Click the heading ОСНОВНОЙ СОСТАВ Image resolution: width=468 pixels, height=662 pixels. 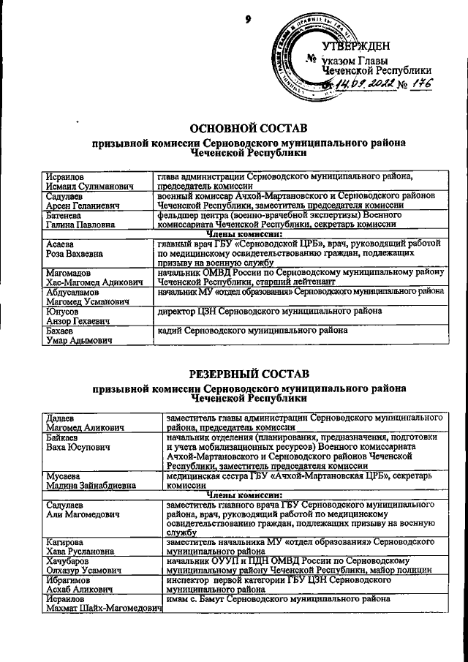coord(248,128)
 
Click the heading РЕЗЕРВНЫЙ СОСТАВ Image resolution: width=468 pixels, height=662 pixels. coord(248,374)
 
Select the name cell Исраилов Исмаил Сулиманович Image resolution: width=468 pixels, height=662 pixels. coord(80,181)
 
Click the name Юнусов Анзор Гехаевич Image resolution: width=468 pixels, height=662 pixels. coord(73,316)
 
